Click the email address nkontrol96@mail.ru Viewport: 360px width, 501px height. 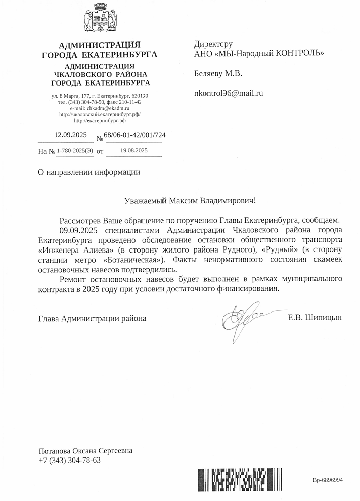tap(229, 93)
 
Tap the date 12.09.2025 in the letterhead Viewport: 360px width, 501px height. tap(71, 135)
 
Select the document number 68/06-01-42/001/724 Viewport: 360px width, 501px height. tap(134, 136)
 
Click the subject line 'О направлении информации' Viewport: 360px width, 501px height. tap(89, 172)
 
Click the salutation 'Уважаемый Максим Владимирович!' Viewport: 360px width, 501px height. tap(191, 201)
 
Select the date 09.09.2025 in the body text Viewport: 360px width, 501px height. tap(77, 229)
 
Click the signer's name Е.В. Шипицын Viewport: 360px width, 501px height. tap(314, 318)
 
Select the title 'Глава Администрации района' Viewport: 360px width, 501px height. tap(93, 319)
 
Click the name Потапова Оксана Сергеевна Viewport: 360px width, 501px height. tap(88, 451)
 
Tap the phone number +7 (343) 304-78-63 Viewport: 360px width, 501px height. tap(70, 460)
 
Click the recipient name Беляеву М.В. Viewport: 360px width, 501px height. tap(218, 74)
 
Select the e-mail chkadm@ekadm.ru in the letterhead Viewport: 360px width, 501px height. tap(108, 108)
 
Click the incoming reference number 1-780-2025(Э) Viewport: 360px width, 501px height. tap(75, 151)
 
